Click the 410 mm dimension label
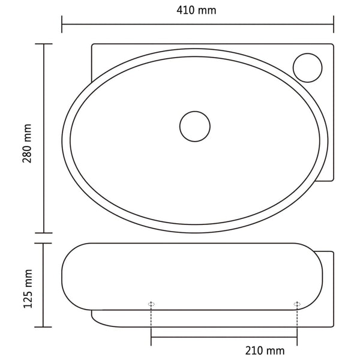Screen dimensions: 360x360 tap(196, 10)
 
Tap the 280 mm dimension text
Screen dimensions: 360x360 tap(27, 143)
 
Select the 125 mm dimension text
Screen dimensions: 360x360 tap(28, 289)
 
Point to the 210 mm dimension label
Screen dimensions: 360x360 tap(265, 350)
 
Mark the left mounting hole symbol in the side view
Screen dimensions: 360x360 tap(151, 304)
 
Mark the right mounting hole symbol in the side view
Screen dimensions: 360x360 tap(297, 304)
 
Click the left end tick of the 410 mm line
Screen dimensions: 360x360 tap(62, 24)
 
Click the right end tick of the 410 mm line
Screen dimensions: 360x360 tap(334, 24)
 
